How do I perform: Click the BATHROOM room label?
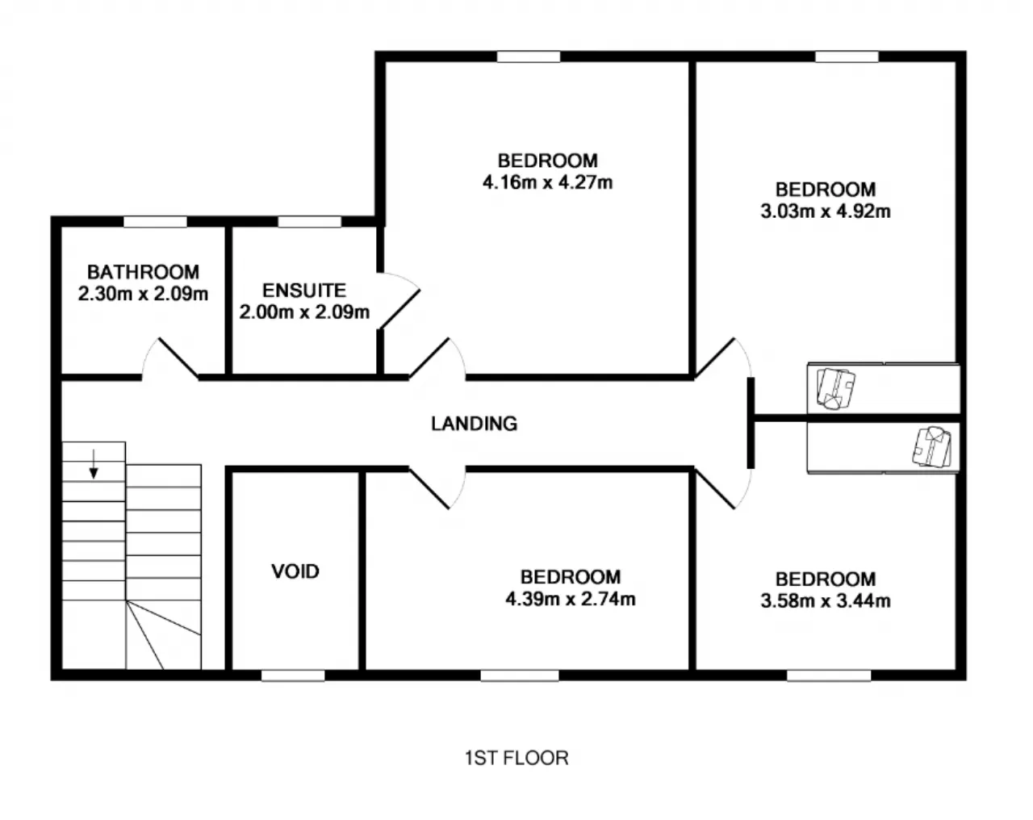[143, 272]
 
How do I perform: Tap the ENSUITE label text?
[304, 291]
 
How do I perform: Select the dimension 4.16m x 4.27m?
[548, 182]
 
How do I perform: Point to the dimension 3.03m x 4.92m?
[826, 211]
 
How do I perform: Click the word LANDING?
[475, 424]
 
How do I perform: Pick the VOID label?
[295, 571]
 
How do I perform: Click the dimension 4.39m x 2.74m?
[571, 599]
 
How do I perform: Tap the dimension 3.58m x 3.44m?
[826, 600]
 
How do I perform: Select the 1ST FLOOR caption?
[516, 758]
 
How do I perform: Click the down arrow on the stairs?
[94, 464]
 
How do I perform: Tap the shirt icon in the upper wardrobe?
[836, 388]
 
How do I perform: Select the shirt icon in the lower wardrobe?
[932, 447]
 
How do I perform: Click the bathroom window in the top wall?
[155, 222]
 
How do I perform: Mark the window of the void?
[293, 676]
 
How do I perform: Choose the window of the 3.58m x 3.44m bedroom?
[829, 676]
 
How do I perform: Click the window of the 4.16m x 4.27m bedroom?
[529, 56]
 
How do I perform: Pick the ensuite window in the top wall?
[310, 222]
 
